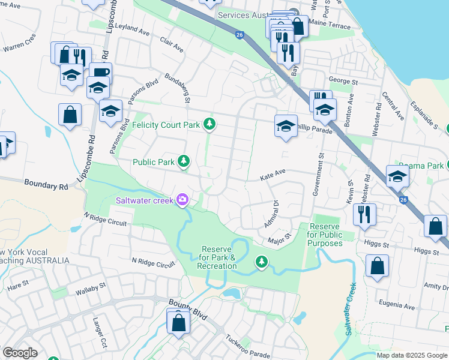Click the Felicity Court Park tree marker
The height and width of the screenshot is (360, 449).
click(x=209, y=124)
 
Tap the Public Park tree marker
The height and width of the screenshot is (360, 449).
click(x=184, y=161)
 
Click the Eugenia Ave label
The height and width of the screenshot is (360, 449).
click(x=397, y=306)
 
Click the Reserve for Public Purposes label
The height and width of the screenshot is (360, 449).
click(x=325, y=235)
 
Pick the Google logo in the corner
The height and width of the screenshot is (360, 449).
click(x=20, y=352)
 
